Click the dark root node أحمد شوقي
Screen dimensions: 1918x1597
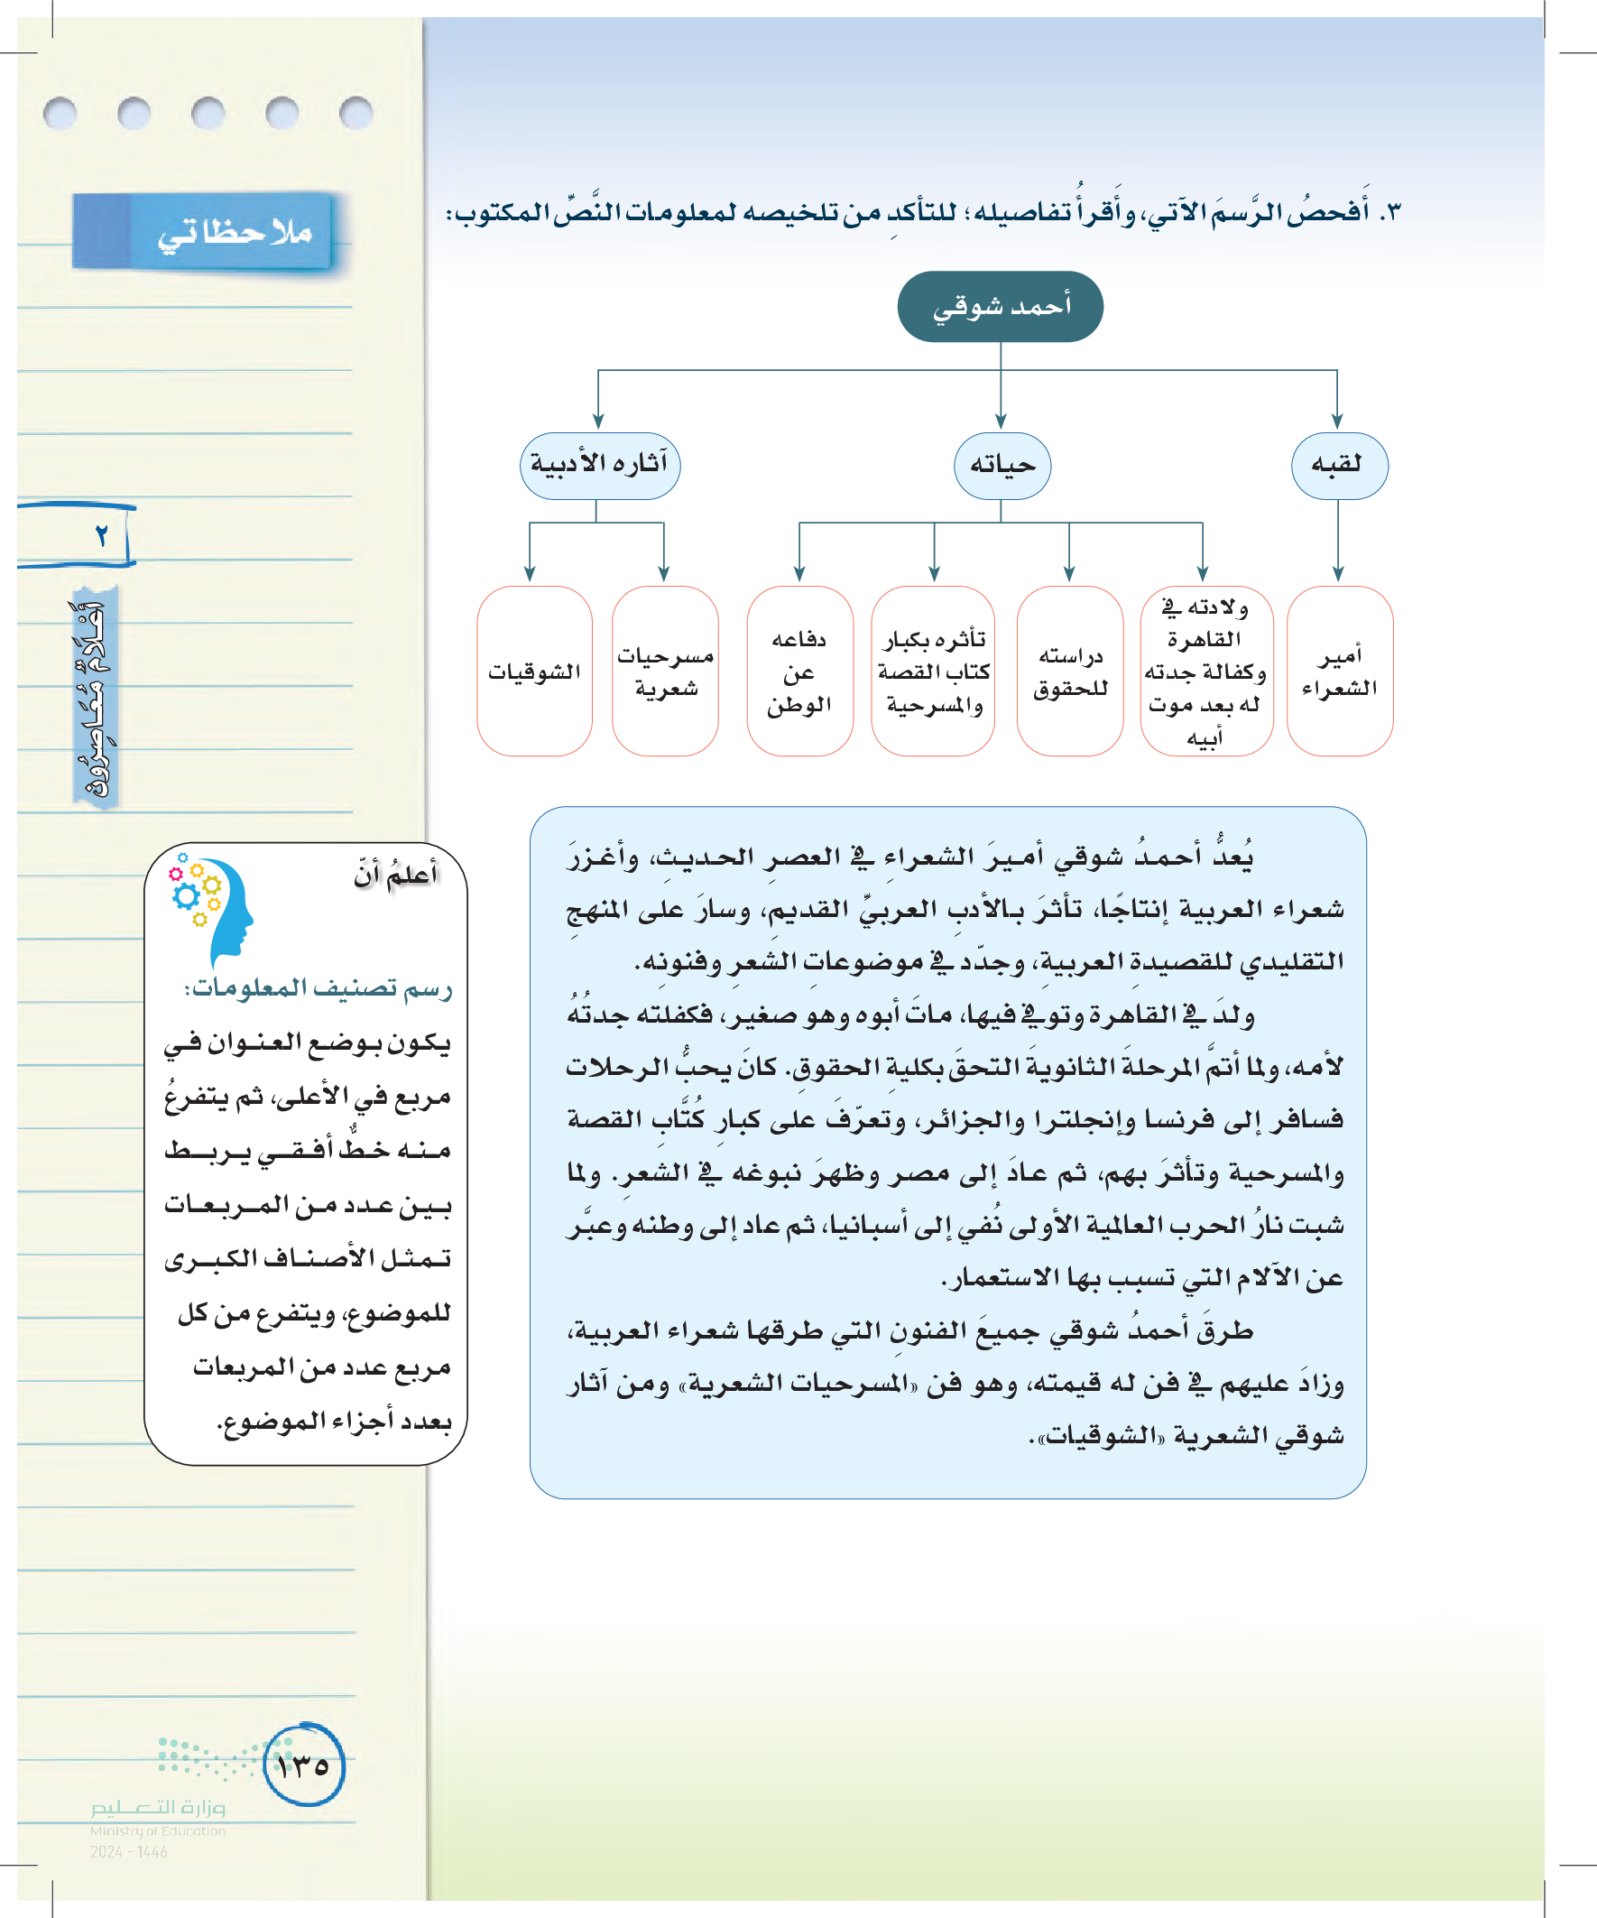1000,307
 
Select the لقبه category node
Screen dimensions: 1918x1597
1339,466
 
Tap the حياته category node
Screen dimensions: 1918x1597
1002,466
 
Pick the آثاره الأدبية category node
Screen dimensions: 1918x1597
600,466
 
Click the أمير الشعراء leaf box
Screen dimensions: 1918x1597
1339,672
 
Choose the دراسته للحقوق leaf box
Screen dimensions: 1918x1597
1069,672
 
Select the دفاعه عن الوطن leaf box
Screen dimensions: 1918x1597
799,672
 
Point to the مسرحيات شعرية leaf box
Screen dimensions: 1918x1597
665,672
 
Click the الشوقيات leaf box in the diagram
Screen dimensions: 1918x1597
534,672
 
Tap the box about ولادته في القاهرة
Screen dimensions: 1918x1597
1205,672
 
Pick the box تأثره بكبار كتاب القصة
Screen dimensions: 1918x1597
932,672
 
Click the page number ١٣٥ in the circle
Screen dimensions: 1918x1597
303,1765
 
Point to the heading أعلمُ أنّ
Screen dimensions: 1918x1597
395,875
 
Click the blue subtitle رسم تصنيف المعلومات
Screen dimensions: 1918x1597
318,988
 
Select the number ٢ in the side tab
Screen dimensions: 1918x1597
101,535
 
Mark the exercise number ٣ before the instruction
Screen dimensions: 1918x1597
1390,213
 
